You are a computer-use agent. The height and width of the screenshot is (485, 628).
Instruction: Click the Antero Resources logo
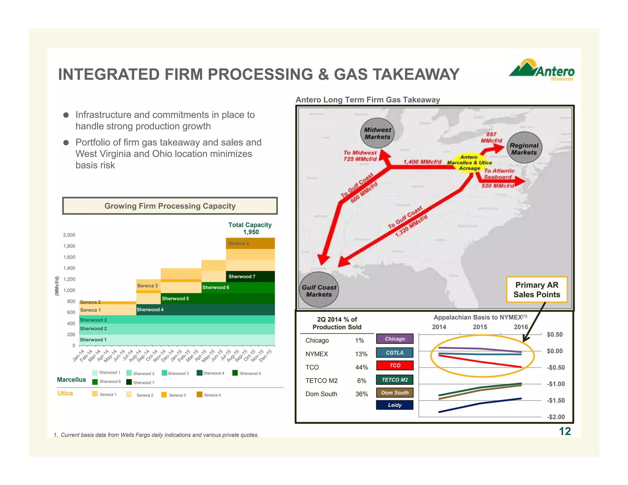(542, 70)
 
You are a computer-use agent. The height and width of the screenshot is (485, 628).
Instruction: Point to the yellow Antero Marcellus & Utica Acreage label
(469, 163)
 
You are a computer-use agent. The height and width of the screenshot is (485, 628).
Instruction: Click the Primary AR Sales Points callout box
(537, 290)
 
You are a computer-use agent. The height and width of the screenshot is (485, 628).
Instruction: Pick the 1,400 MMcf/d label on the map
(422, 162)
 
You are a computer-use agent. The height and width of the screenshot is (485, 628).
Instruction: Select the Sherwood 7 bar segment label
(242, 277)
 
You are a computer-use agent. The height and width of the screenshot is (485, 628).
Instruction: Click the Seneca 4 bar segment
(250, 243)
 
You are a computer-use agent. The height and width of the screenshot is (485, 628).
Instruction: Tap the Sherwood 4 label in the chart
(150, 310)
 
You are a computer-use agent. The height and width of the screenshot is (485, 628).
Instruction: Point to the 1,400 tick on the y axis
(69, 268)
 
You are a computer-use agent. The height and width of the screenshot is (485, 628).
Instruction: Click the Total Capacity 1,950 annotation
(250, 228)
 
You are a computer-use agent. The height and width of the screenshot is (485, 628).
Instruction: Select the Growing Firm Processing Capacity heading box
(170, 206)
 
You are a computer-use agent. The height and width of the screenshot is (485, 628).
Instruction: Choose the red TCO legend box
(395, 365)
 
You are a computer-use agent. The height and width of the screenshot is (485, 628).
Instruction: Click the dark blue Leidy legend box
(395, 405)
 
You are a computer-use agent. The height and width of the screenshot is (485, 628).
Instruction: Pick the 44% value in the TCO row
(362, 367)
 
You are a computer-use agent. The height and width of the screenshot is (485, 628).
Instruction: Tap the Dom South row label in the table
(321, 394)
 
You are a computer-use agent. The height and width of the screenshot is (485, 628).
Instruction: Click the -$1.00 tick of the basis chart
(556, 384)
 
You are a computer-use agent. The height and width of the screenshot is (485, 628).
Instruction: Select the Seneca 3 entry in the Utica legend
(174, 395)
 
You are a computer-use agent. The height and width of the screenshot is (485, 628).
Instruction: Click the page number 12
(565, 431)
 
